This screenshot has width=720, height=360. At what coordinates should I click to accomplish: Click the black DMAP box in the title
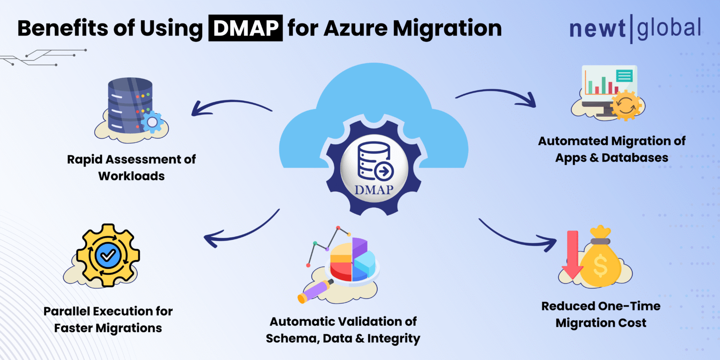(x=246, y=29)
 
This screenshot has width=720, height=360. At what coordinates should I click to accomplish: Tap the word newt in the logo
(x=597, y=29)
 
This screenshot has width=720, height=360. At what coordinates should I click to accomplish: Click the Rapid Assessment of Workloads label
(x=131, y=167)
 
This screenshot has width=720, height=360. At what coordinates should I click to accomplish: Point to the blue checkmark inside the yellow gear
(x=108, y=255)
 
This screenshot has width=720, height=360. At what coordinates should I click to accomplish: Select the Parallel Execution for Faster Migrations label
(x=108, y=319)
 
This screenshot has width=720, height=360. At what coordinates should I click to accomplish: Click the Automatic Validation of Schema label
(x=343, y=330)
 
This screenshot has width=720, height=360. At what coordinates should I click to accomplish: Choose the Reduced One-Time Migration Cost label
(x=600, y=314)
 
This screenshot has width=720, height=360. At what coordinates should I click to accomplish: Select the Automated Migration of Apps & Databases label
(x=611, y=149)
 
